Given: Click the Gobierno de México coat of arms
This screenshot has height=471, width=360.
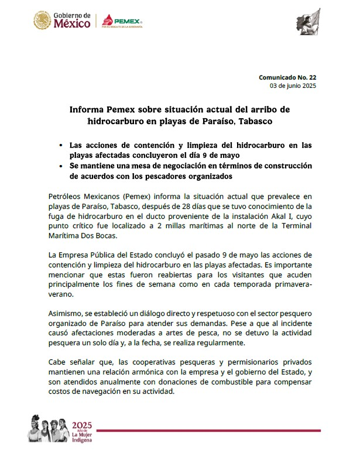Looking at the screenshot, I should pos(42,22).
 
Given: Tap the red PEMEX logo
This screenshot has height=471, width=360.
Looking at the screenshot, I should pos(122,22).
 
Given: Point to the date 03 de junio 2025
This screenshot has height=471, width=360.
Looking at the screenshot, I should pos(293,86).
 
